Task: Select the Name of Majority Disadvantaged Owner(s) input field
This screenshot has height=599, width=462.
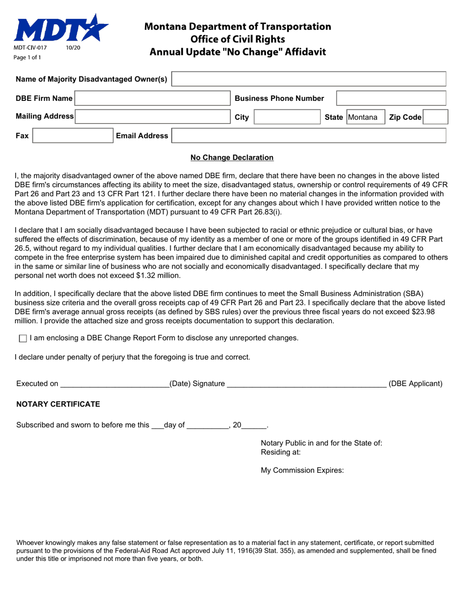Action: [309, 79]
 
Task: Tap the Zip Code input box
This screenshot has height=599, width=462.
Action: [436, 117]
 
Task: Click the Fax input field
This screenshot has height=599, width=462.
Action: [72, 136]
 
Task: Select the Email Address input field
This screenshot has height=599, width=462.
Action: [309, 136]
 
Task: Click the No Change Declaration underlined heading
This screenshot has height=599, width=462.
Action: [232, 157]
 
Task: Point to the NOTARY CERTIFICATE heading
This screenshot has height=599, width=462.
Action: [58, 404]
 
